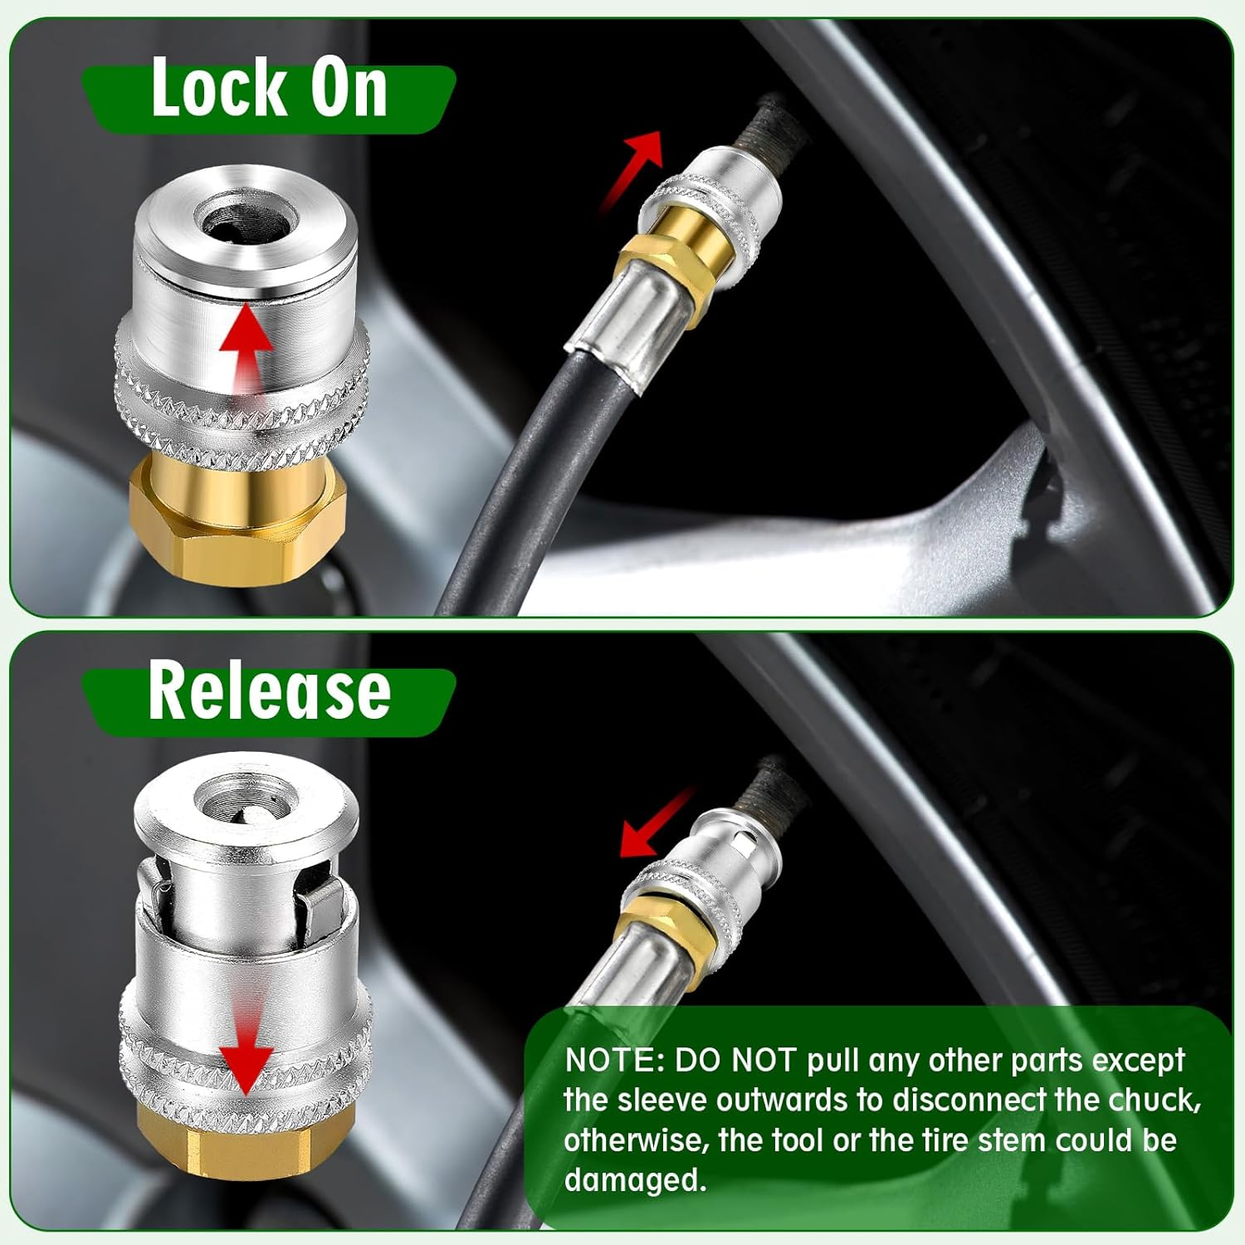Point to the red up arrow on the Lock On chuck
point(246,349)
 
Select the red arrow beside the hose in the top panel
point(635,166)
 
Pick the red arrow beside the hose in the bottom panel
point(656,826)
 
